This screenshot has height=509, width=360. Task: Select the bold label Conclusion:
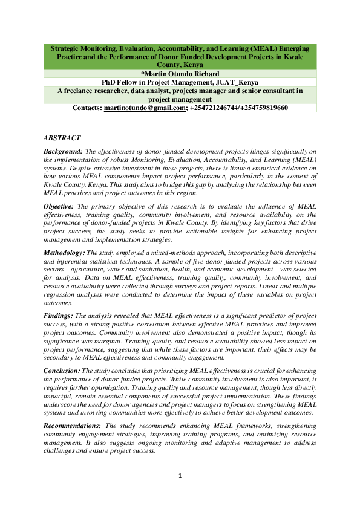pos(62,369)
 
